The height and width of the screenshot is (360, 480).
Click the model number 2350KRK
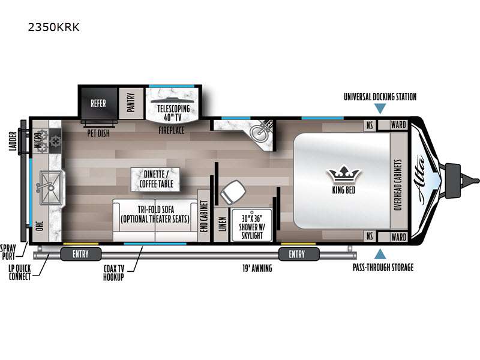point(53,27)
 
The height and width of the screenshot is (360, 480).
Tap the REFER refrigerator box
point(98,103)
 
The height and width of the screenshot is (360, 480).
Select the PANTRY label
point(131,103)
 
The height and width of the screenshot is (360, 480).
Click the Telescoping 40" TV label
point(173,113)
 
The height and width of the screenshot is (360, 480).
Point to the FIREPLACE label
point(172,130)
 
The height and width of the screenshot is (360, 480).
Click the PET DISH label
point(98,133)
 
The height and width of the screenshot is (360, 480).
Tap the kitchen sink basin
point(51,188)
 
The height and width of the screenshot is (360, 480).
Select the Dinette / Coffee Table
point(156,179)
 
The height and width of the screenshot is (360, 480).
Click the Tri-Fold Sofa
point(155,220)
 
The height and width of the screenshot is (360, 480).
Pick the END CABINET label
point(204,216)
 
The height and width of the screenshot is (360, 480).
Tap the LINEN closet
point(223,224)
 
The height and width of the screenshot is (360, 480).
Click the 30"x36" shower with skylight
point(252,226)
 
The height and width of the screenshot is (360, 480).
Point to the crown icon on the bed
point(344,174)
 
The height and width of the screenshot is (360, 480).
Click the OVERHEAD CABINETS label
point(398,185)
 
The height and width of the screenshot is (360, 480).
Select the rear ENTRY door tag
point(81,254)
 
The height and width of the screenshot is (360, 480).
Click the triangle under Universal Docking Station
point(380,109)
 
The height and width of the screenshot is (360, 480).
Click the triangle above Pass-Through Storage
point(380,254)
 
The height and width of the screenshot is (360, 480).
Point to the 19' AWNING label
point(257,268)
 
